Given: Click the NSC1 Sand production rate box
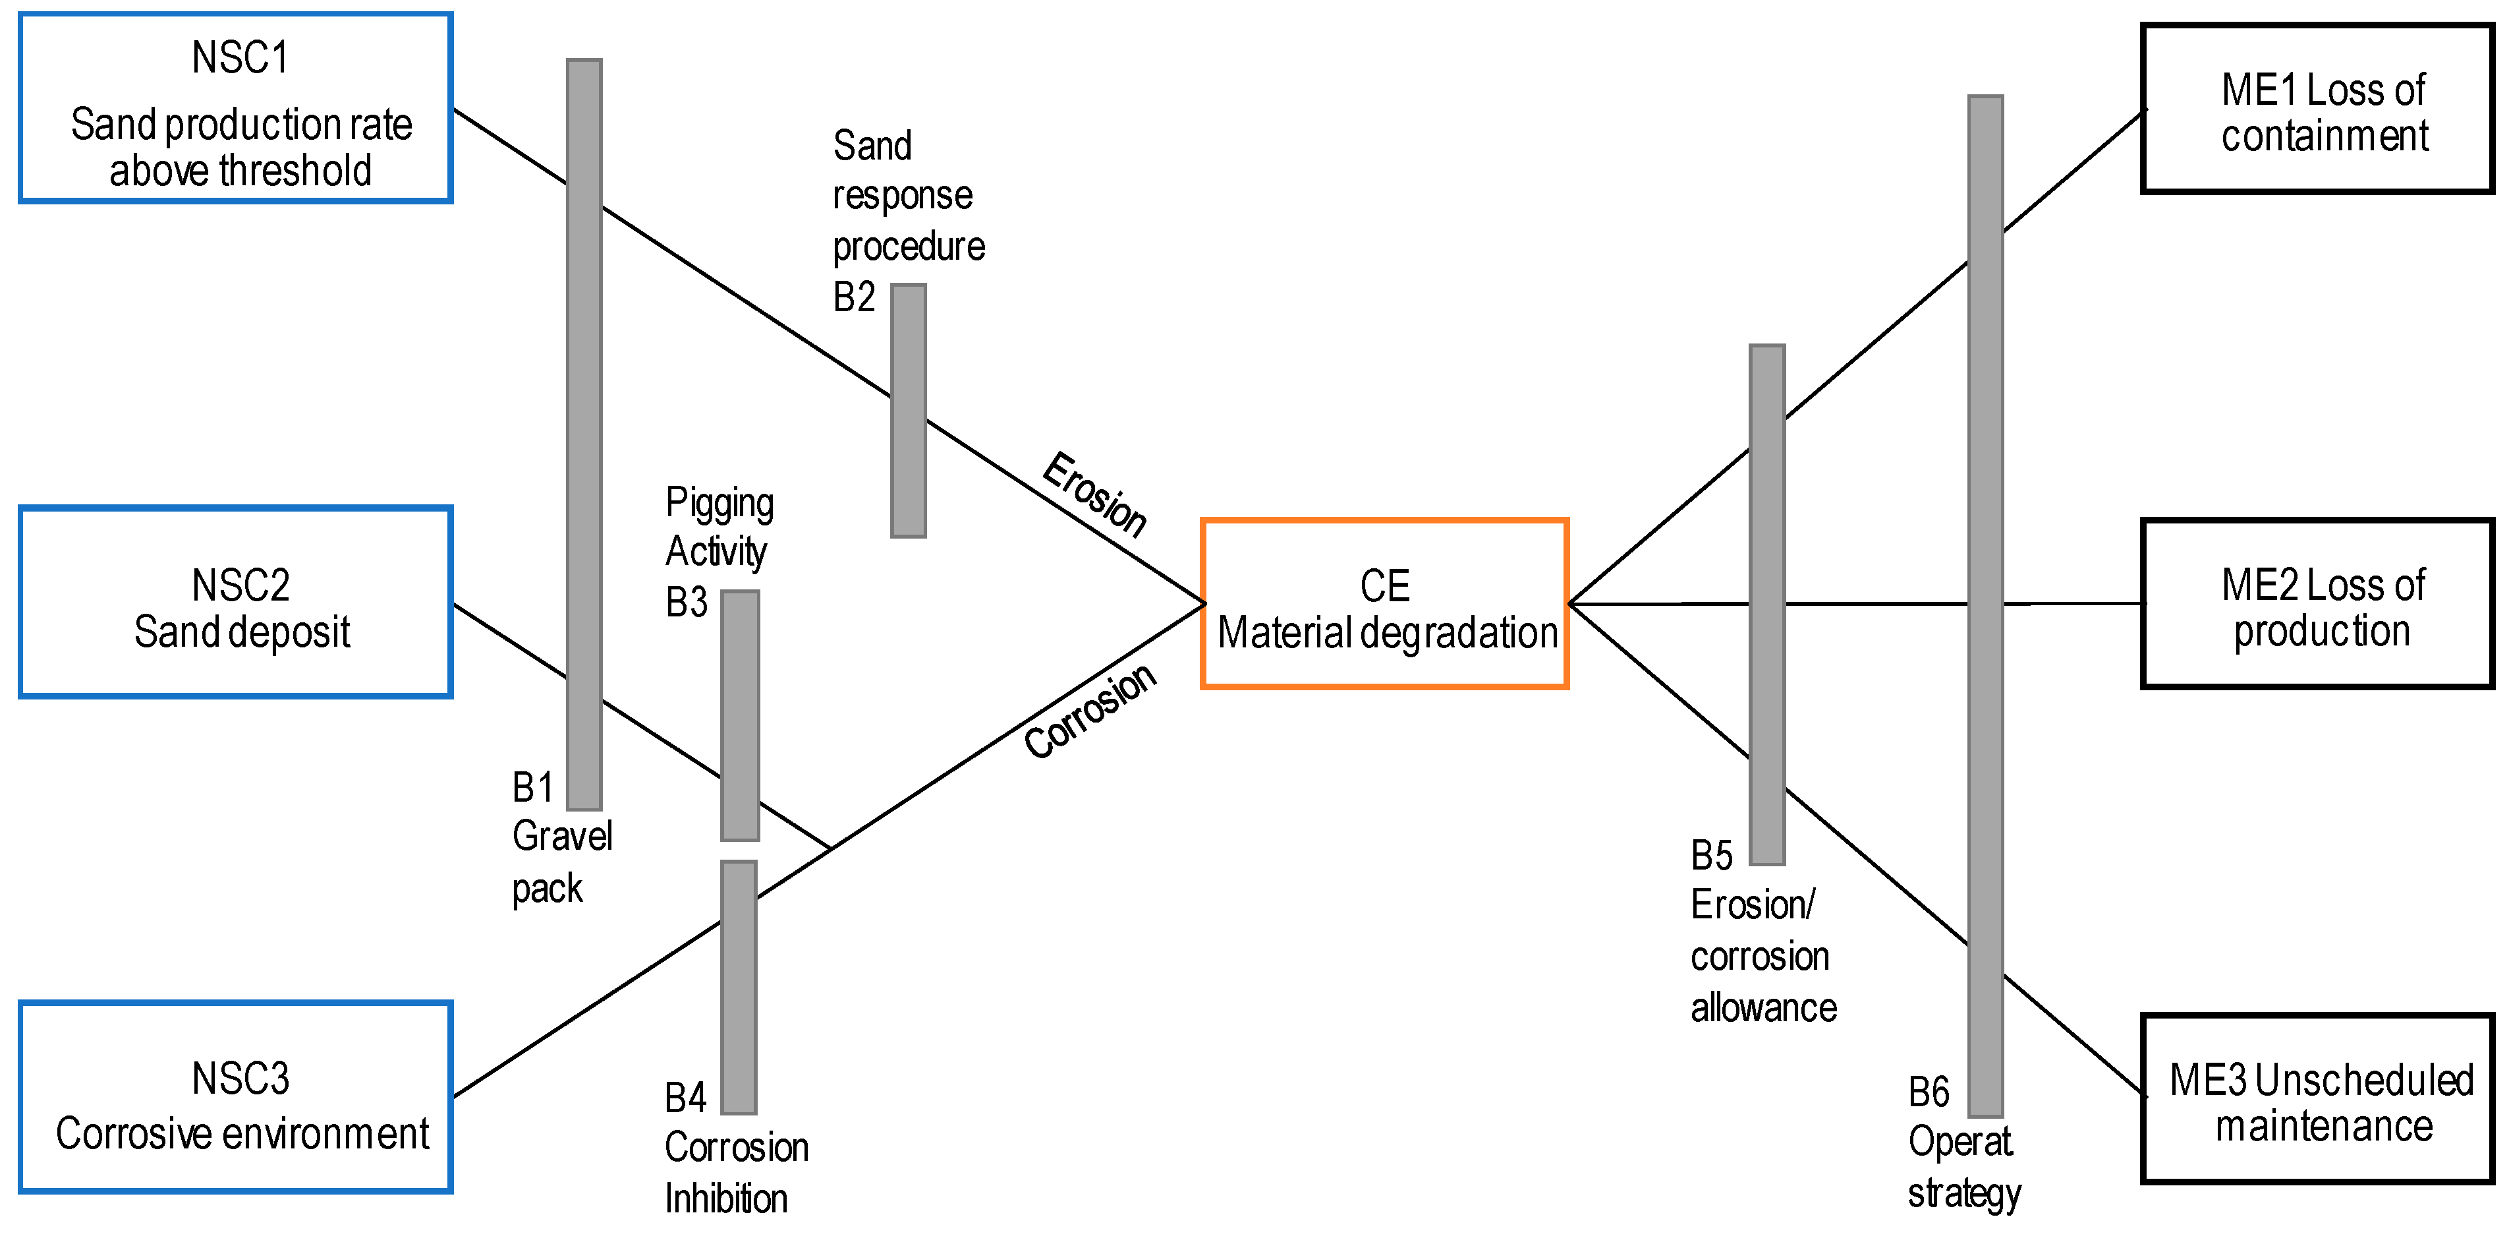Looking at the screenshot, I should (x=236, y=108).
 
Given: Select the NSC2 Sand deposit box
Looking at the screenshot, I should (x=236, y=602).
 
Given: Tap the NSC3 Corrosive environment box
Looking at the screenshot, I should (x=236, y=1097).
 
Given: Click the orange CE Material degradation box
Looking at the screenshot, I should (x=1384, y=604).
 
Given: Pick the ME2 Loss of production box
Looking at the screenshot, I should (x=2316, y=604).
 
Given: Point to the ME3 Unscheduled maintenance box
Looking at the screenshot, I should (x=2316, y=1099).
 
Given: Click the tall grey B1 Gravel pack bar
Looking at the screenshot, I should (x=584, y=434).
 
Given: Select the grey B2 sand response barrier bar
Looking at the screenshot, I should (x=908, y=410).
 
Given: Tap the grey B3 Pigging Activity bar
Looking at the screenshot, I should (x=740, y=715).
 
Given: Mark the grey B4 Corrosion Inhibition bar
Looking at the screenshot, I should (x=739, y=987).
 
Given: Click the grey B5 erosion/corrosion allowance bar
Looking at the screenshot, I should (x=1767, y=604).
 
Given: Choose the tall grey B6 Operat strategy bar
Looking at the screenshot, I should (x=1985, y=605).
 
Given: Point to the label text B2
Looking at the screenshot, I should (x=854, y=297).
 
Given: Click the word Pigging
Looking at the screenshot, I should (x=719, y=504).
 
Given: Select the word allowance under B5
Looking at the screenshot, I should (x=1763, y=1008).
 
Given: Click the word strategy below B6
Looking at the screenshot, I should (x=1963, y=1193).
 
